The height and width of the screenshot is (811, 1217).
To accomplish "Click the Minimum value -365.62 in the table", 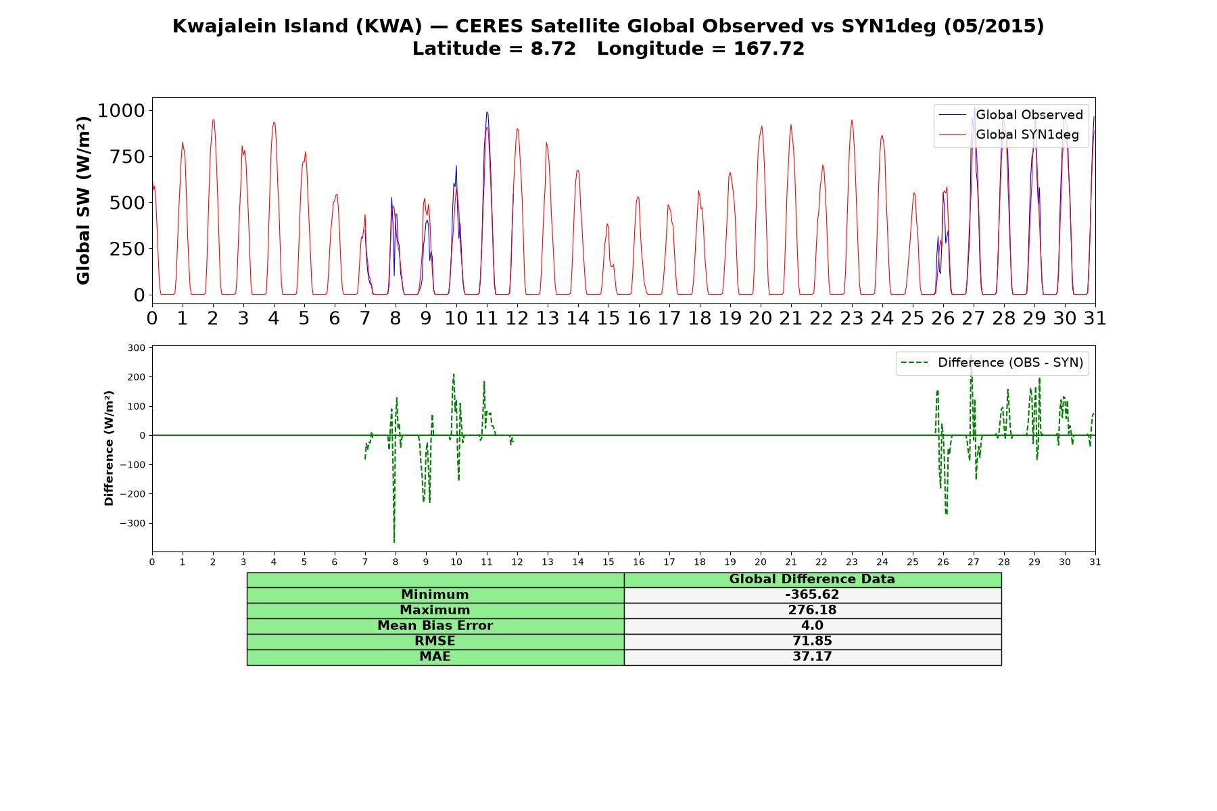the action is coord(812,595).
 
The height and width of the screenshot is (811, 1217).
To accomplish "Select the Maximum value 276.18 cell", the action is coord(812,610).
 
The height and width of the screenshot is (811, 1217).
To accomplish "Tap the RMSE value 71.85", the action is coord(812,641).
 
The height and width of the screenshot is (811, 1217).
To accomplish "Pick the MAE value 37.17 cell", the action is coord(812,657).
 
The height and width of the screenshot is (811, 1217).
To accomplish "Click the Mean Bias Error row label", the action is coord(435,626).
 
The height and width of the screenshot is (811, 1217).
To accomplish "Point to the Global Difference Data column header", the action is coord(812,579).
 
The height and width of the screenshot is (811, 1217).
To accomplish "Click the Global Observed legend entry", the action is coord(1011,115).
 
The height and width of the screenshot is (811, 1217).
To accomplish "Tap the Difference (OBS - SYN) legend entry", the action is coord(993,363).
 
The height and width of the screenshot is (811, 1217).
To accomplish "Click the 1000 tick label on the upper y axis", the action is coord(121,110).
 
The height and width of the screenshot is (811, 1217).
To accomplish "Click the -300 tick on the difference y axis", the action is coord(133,523).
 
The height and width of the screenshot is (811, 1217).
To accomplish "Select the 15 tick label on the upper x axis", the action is coord(608,318).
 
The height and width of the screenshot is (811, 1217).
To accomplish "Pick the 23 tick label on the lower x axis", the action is coord(852,562).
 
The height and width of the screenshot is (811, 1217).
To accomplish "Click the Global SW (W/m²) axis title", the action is coord(83,201).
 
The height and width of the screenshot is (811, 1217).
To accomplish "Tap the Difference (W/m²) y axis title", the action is coord(109,448).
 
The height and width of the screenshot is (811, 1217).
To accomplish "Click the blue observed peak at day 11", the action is coord(487,112).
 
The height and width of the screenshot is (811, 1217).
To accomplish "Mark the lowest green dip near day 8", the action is coord(394,541).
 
